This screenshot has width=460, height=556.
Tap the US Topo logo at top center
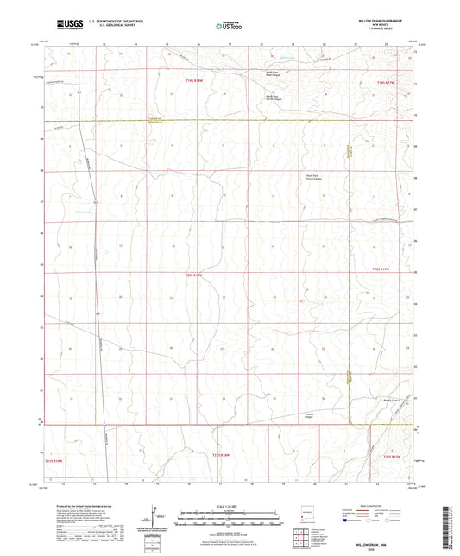click(x=229, y=26)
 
